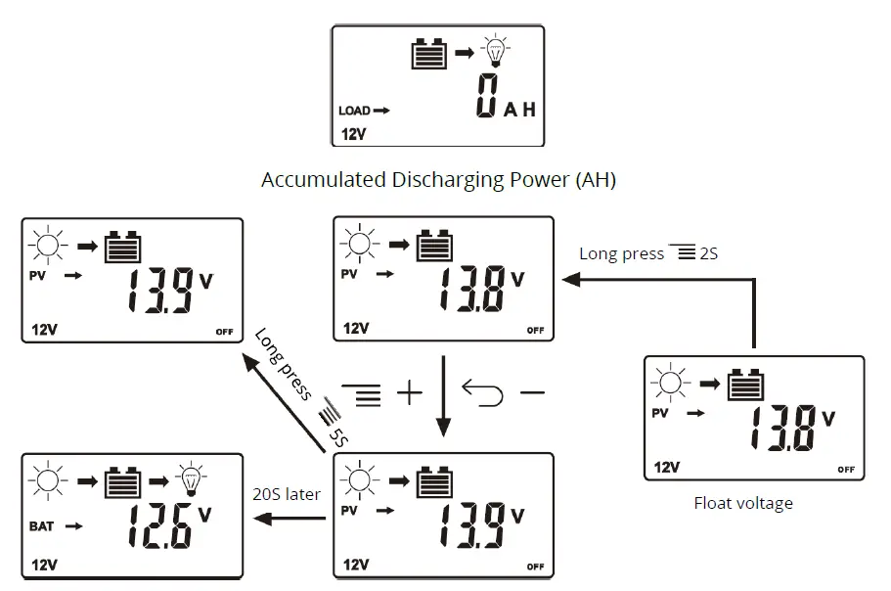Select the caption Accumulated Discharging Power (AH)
(x=438, y=180)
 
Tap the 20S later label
(x=286, y=494)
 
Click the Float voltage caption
(x=743, y=504)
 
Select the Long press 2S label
(x=649, y=253)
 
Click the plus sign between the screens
(x=408, y=394)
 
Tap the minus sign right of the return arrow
(x=531, y=393)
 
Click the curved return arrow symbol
(x=482, y=393)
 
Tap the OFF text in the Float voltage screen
(x=846, y=470)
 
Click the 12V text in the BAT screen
(x=45, y=566)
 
